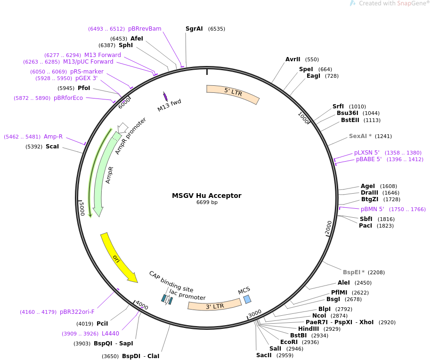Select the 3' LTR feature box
[x=215, y=305]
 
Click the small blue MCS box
[x=247, y=299]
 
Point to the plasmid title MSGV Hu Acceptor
[x=206, y=196]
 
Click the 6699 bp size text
[x=207, y=203]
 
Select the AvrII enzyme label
[x=293, y=59]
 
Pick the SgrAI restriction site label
[x=194, y=29]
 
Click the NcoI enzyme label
[x=319, y=316]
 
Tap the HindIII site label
[x=308, y=329]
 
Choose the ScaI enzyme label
[x=52, y=147]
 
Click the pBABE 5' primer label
[x=369, y=159]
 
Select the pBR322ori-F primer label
[x=77, y=312]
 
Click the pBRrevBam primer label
[x=145, y=29]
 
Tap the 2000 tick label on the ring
[x=329, y=228]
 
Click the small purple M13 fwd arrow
[x=165, y=96]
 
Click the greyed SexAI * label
[x=360, y=136]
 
